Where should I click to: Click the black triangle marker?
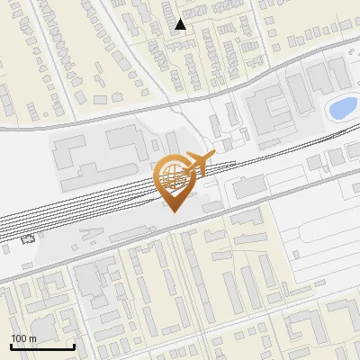(181, 24)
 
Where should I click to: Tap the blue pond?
(342, 109)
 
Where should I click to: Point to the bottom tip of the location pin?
(175, 212)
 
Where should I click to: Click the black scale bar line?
(42, 346)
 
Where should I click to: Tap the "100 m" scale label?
(24, 338)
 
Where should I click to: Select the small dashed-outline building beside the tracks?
(28, 240)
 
